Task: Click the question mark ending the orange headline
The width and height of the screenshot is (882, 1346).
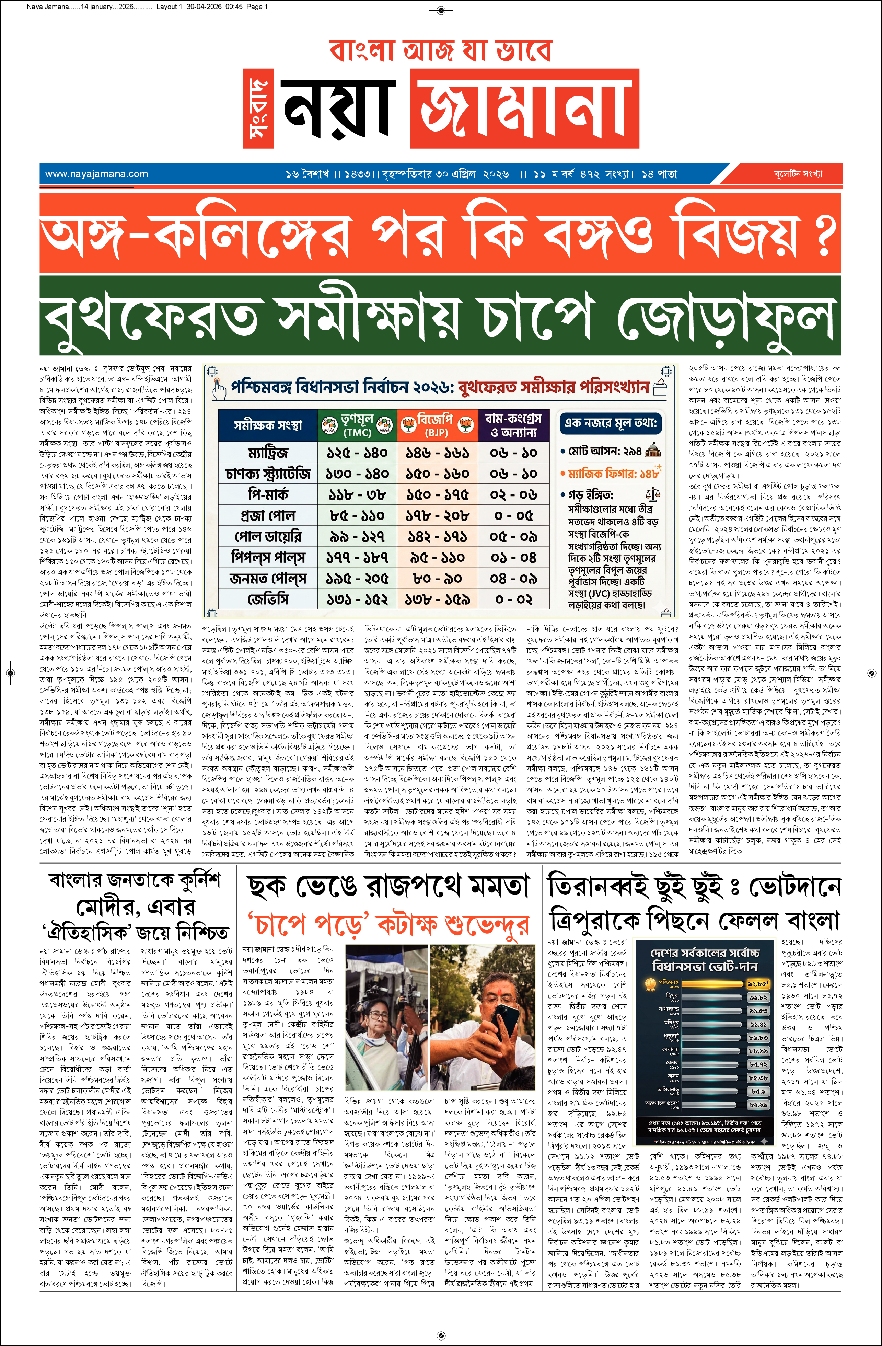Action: (827, 233)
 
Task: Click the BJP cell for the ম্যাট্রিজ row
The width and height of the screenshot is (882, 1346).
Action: (437, 453)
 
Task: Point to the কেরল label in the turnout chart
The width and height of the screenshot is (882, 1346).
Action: (672, 1063)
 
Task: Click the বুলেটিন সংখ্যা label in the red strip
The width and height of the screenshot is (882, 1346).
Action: (798, 174)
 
